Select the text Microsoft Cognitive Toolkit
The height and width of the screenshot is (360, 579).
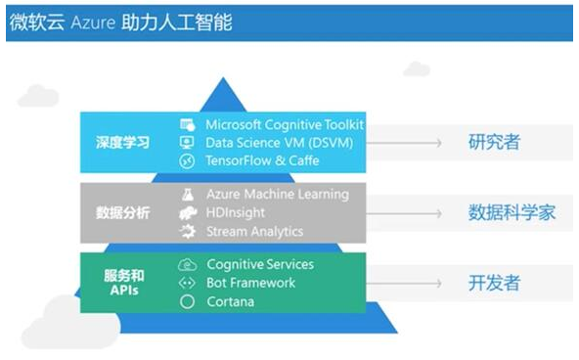(x=284, y=125)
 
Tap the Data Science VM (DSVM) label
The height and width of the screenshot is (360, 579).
(x=278, y=143)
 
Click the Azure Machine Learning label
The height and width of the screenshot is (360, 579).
(x=277, y=194)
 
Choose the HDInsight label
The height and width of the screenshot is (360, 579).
(x=235, y=212)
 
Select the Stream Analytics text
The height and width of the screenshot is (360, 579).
(x=253, y=231)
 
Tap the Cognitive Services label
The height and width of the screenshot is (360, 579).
(x=260, y=265)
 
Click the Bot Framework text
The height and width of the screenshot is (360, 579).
(x=250, y=283)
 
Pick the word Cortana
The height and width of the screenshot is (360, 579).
(x=231, y=301)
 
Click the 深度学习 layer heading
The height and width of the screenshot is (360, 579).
(x=123, y=143)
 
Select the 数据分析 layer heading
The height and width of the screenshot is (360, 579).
(x=123, y=212)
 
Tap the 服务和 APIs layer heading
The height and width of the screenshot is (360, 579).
(x=124, y=283)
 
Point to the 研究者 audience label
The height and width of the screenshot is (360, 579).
(x=495, y=143)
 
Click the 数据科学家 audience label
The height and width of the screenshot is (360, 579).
(x=512, y=212)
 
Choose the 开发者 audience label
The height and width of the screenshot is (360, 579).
(x=495, y=283)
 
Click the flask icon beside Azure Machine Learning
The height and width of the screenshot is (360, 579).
(x=188, y=195)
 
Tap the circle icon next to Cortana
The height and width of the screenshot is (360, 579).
(x=188, y=301)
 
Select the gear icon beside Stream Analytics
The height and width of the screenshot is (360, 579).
(x=188, y=231)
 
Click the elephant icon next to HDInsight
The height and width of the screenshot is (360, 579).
(x=188, y=212)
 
